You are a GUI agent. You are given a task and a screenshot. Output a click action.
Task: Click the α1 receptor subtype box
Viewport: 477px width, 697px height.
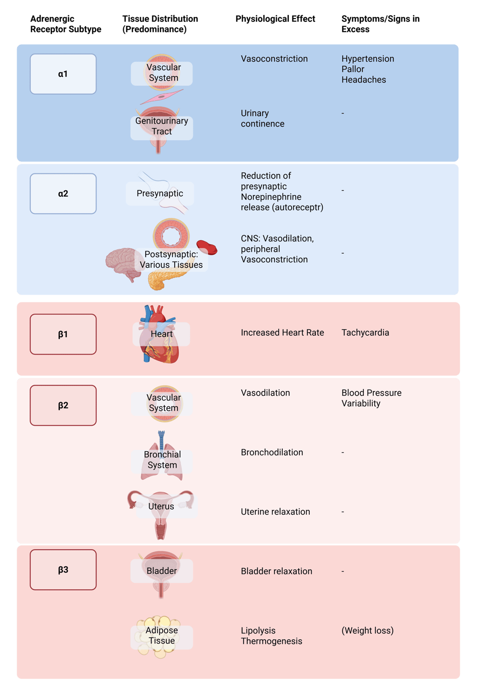(63, 74)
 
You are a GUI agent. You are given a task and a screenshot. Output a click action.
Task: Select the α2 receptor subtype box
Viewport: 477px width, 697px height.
(63, 193)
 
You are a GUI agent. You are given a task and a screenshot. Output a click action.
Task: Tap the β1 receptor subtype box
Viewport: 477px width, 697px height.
(63, 334)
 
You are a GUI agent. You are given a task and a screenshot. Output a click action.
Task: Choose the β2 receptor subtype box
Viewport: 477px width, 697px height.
(63, 405)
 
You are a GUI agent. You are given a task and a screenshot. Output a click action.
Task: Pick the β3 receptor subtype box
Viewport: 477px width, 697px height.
(63, 570)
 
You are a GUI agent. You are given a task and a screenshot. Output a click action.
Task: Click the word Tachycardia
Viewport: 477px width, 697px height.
(365, 332)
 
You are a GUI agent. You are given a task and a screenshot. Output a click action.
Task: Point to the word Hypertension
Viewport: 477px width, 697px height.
(368, 59)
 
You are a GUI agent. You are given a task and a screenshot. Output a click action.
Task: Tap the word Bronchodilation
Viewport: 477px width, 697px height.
(272, 452)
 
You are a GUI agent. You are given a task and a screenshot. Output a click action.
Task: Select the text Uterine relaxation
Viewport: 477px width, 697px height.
(275, 511)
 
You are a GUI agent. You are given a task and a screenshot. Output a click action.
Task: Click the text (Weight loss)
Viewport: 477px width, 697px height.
(368, 630)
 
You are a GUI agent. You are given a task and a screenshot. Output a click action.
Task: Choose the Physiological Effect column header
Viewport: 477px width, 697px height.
(275, 19)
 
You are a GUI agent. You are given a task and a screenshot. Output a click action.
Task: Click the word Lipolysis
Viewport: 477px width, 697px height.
(258, 630)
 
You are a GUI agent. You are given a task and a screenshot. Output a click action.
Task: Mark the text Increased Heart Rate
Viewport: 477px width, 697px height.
(282, 332)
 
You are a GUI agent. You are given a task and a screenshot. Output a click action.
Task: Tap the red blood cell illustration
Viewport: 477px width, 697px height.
(207, 247)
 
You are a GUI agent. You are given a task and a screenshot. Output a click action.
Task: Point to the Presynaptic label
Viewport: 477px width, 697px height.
(160, 193)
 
